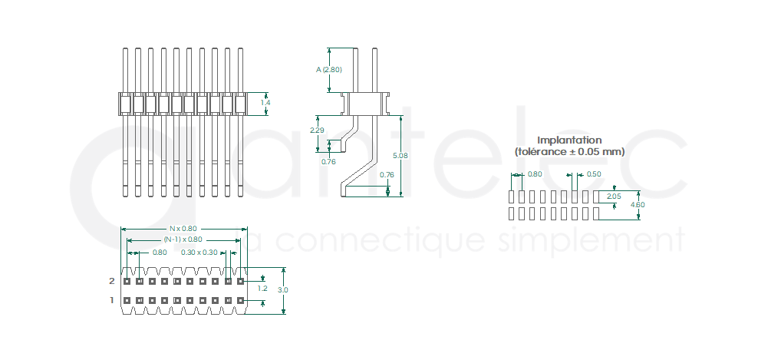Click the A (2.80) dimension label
328,70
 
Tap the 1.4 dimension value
265,103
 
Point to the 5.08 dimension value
400,156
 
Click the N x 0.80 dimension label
183,229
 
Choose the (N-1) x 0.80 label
183,239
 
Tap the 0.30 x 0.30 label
199,252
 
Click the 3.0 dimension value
283,290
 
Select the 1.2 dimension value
262,289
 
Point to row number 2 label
112,281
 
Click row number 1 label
112,300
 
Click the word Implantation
569,140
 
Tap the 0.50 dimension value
594,174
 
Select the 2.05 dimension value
614,196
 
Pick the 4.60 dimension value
638,205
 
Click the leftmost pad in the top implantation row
512,197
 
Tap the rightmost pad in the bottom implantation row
596,213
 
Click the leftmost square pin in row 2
127,281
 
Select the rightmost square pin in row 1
240,300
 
